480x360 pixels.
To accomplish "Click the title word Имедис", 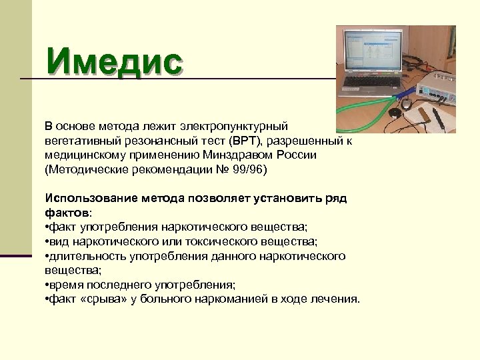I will coord(114,62).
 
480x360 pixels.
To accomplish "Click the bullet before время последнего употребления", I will coord(47,285).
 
